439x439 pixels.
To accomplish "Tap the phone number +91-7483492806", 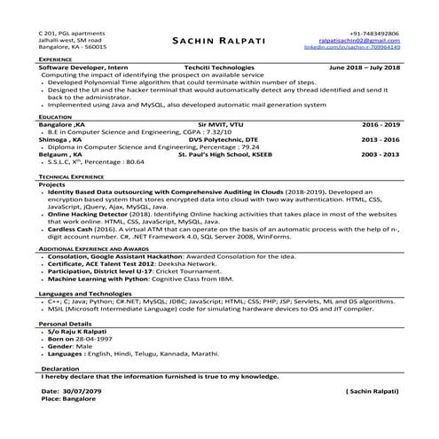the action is pyautogui.click(x=375, y=33).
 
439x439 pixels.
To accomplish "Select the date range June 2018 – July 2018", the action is pyautogui.click(x=364, y=67).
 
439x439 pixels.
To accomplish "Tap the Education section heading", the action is pyautogui.click(x=55, y=116).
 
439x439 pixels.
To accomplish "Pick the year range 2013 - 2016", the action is pyautogui.click(x=380, y=139).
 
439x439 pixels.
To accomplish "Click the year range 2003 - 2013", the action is pyautogui.click(x=380, y=154).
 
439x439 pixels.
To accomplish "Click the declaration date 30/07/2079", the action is pyautogui.click(x=83, y=390).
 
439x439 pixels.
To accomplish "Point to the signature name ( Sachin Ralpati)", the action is pyautogui.click(x=372, y=390).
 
